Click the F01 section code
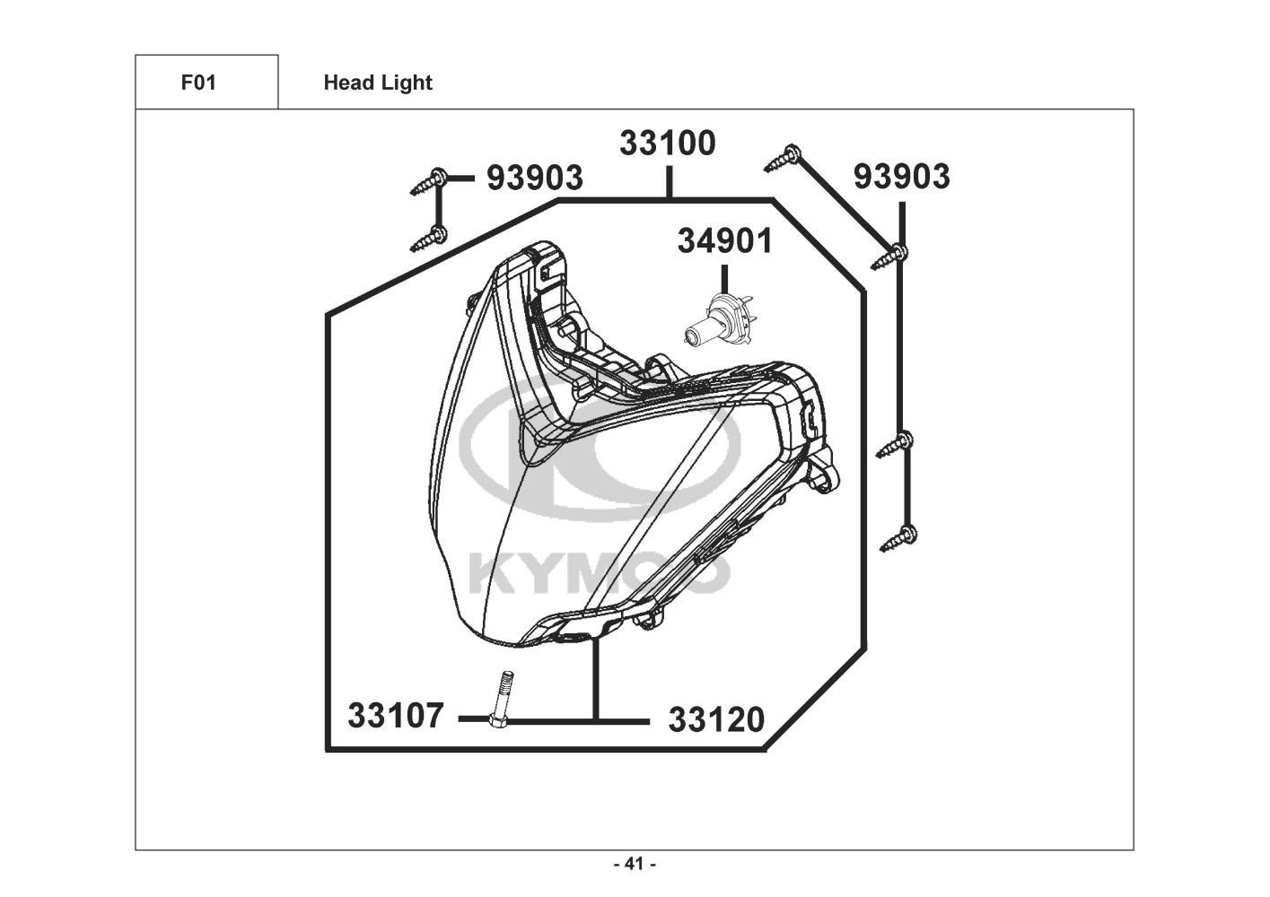198,83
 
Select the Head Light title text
378,83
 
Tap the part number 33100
668,143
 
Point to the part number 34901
724,240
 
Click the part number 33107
395,715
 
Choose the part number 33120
716,720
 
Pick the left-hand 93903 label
535,178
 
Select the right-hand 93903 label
901,176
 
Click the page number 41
635,864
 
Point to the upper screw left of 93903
428,182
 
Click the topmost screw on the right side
783,158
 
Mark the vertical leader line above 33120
595,679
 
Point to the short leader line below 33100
670,182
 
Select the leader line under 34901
724,279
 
